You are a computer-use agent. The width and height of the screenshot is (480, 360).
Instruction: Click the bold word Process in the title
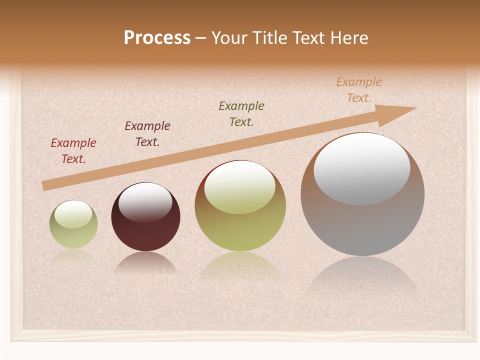click(157, 38)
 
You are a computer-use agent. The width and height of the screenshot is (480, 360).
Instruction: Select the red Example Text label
click(73, 150)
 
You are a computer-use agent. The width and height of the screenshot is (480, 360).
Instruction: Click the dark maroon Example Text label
click(147, 133)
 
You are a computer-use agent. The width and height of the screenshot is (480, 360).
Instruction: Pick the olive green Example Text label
click(241, 113)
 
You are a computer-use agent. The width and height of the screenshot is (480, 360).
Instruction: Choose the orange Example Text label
click(359, 89)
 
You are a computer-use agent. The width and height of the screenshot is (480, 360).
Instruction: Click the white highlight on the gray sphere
click(362, 168)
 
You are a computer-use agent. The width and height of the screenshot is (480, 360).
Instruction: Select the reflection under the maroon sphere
click(145, 263)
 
